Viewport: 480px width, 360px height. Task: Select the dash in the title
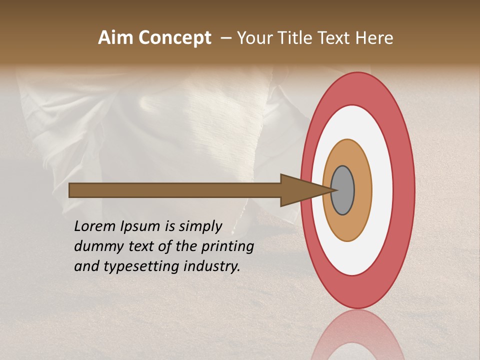click(x=226, y=38)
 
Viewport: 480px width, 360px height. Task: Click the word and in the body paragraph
click(x=86, y=266)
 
